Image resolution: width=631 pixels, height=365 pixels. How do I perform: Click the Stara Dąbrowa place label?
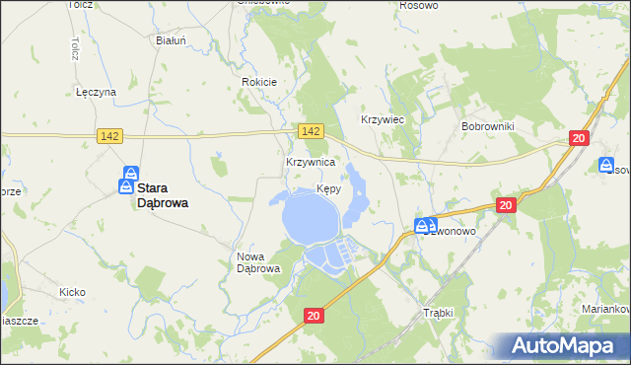click(163, 193)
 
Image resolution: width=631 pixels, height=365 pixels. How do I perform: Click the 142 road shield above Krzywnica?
click(311, 131)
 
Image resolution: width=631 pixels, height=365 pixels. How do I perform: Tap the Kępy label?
click(330, 188)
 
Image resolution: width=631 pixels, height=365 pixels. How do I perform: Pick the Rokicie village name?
click(259, 82)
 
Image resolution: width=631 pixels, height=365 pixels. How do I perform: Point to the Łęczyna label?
click(97, 92)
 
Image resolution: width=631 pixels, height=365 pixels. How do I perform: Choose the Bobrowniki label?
click(484, 127)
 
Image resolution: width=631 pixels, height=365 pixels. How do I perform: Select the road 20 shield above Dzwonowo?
click(506, 205)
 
